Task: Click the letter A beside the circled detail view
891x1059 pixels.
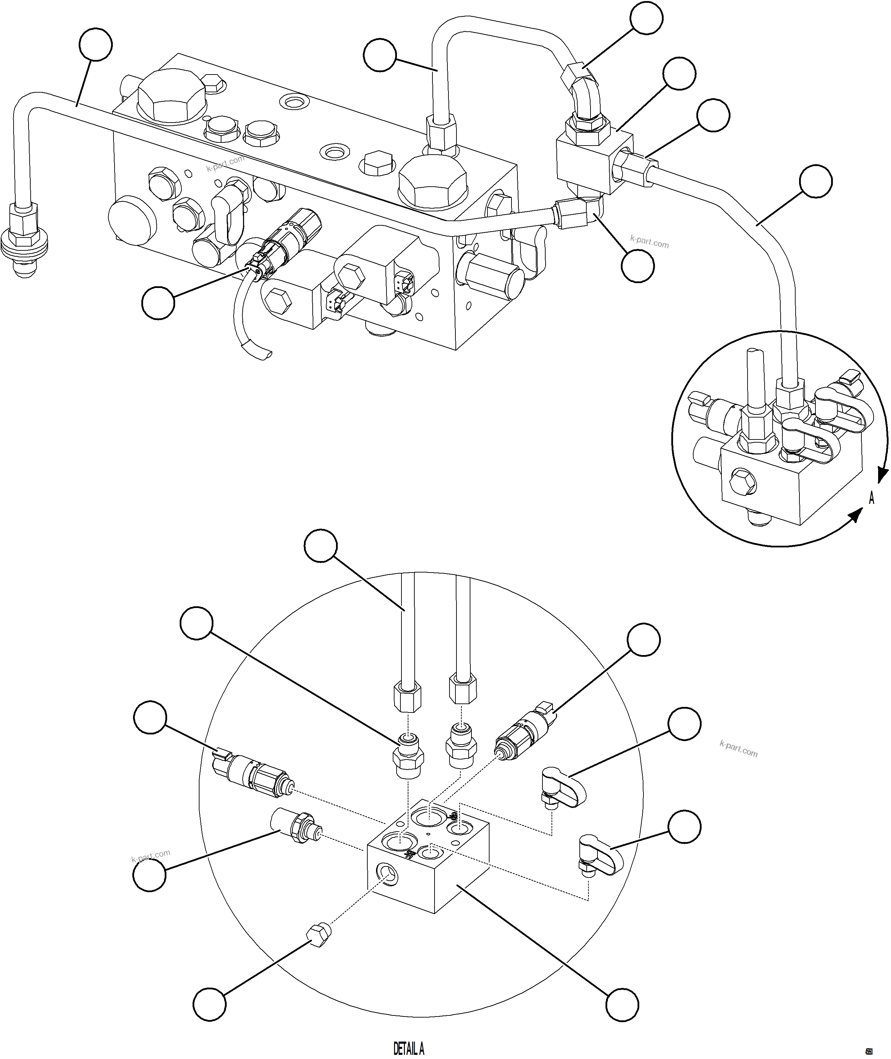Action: [871, 499]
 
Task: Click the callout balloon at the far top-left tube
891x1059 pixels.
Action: [96, 45]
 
